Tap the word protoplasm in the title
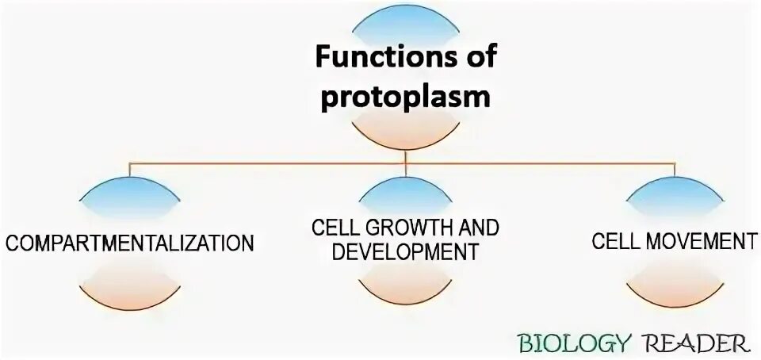pyautogui.click(x=405, y=96)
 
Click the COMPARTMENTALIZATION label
pyautogui.click(x=130, y=242)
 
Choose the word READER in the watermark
pyautogui.click(x=698, y=344)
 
